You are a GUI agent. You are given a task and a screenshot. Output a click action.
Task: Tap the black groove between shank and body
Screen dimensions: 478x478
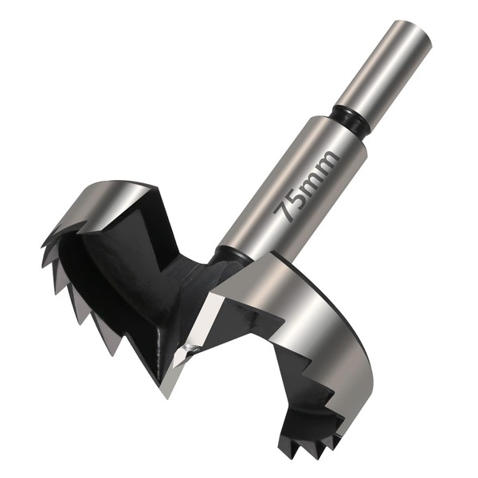[x=351, y=119]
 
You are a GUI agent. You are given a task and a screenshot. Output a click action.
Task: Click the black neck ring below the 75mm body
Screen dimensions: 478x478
[x=232, y=256]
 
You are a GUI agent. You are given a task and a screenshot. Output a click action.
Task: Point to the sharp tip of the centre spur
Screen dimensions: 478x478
[x=167, y=397]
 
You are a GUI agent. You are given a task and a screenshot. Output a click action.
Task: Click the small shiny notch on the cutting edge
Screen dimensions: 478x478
[x=190, y=347]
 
